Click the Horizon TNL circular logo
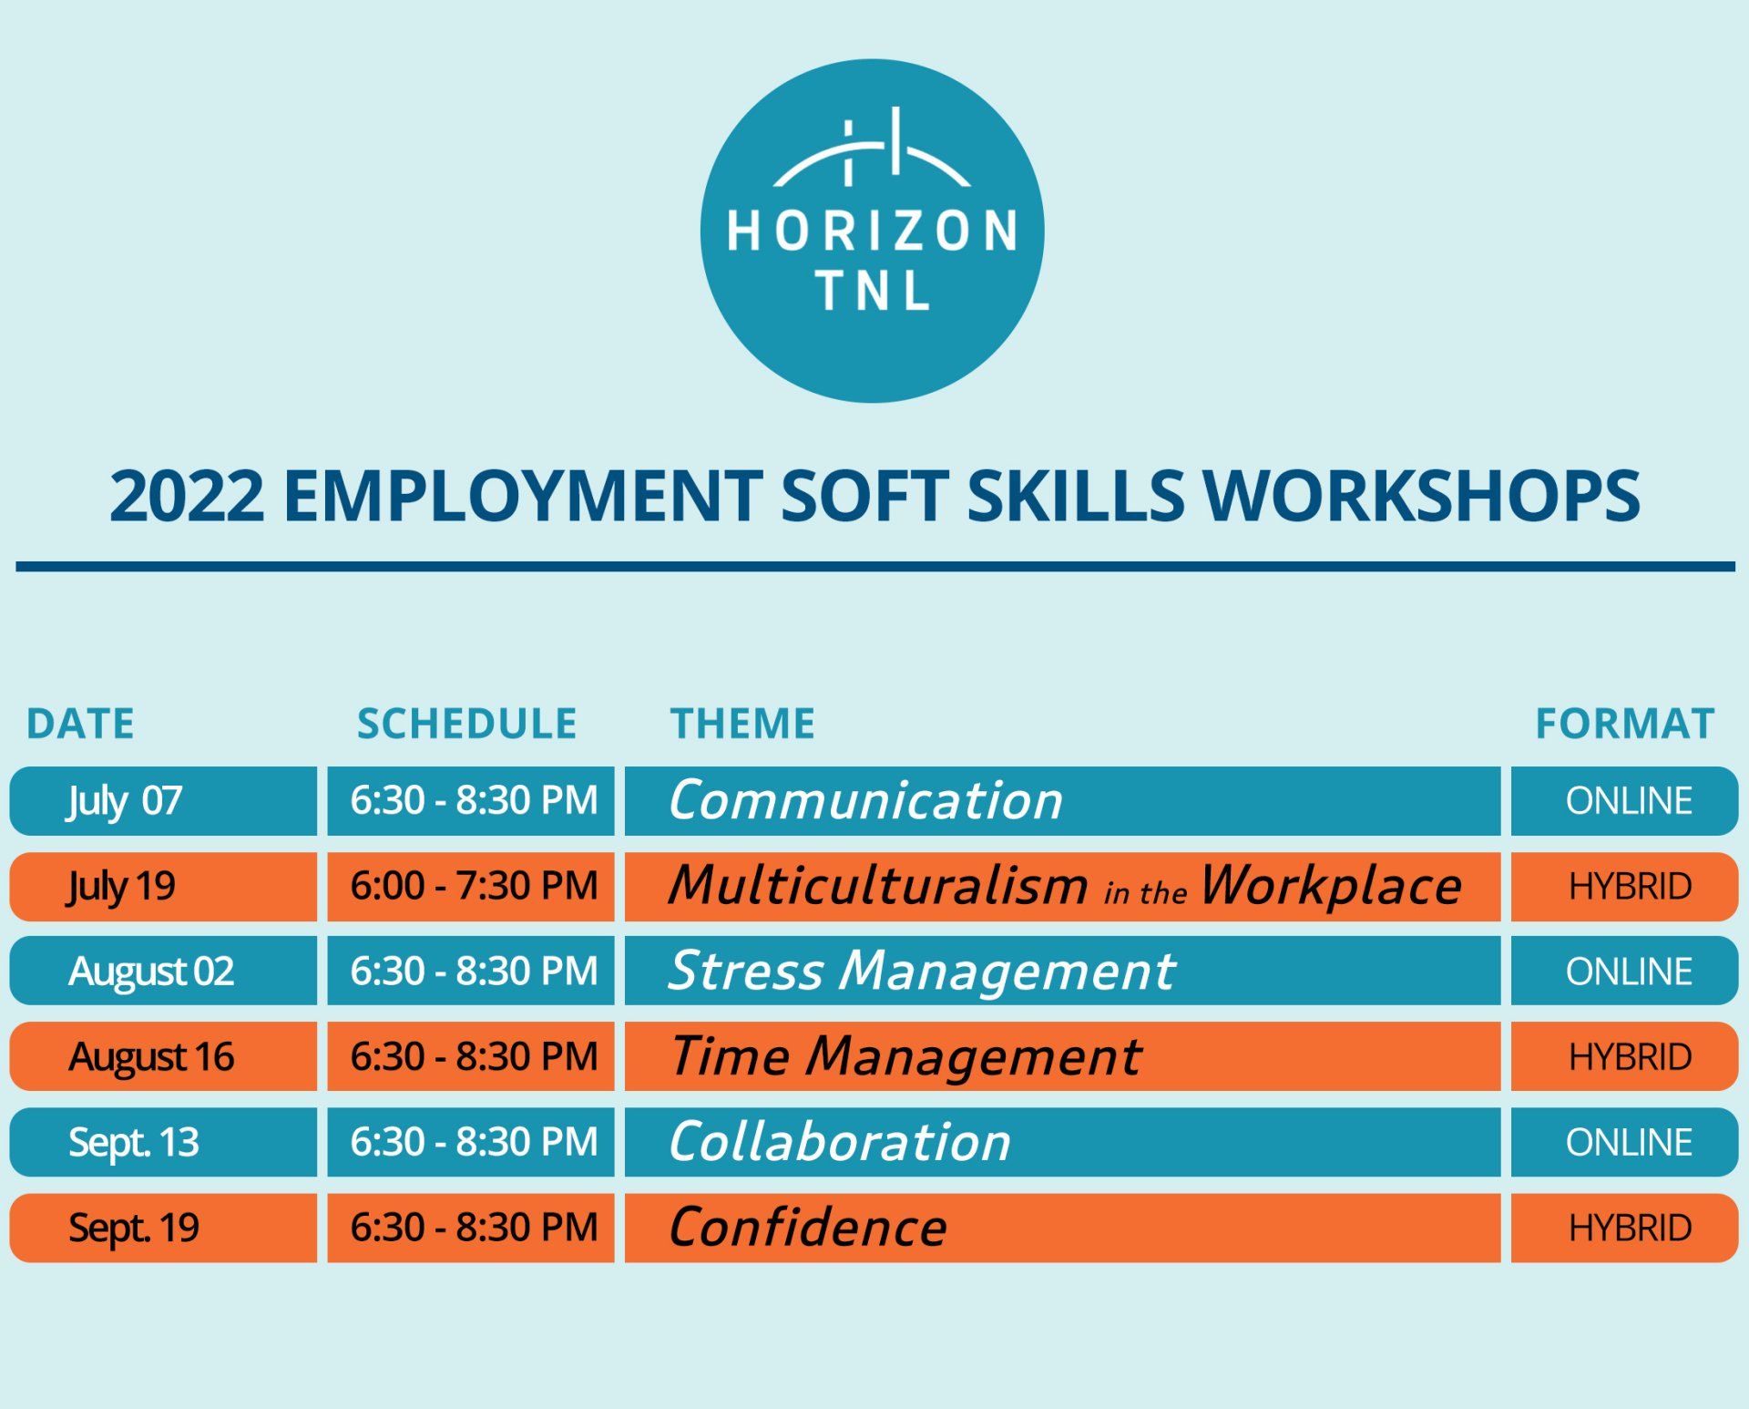tap(872, 231)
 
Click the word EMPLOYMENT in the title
tap(523, 497)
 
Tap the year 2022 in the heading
tap(187, 497)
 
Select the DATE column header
tap(80, 725)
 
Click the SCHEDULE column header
tap(466, 725)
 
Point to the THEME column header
tap(742, 725)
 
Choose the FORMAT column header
tap(1625, 725)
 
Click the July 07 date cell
tap(163, 801)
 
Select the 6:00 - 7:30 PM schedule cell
tap(471, 887)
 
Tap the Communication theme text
tap(865, 801)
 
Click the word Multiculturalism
tap(878, 886)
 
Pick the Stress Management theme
tap(922, 972)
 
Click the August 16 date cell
tap(163, 1056)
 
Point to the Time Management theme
tap(905, 1056)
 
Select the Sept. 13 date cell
tap(163, 1142)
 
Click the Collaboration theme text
tap(840, 1142)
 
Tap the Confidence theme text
tap(808, 1228)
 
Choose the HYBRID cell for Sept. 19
tap(1625, 1228)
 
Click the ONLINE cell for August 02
tap(1625, 971)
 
